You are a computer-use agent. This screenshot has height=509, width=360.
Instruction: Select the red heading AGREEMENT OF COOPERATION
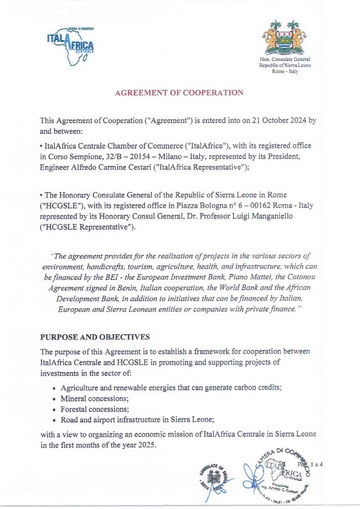(x=179, y=93)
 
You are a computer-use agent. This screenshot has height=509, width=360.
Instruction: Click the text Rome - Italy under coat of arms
(x=285, y=72)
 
